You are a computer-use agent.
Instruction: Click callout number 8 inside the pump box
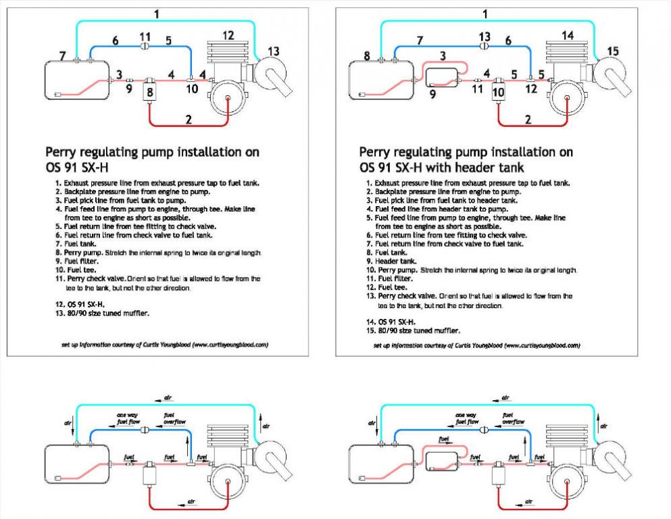pos(150,91)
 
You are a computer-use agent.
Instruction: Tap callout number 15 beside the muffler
pos(612,50)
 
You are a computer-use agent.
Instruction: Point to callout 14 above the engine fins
pos(567,35)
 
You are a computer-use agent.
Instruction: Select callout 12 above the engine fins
pos(228,35)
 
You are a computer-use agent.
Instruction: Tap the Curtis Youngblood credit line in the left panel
pos(165,344)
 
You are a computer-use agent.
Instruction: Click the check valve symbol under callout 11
pos(144,46)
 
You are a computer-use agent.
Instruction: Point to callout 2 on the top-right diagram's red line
pos(528,120)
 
